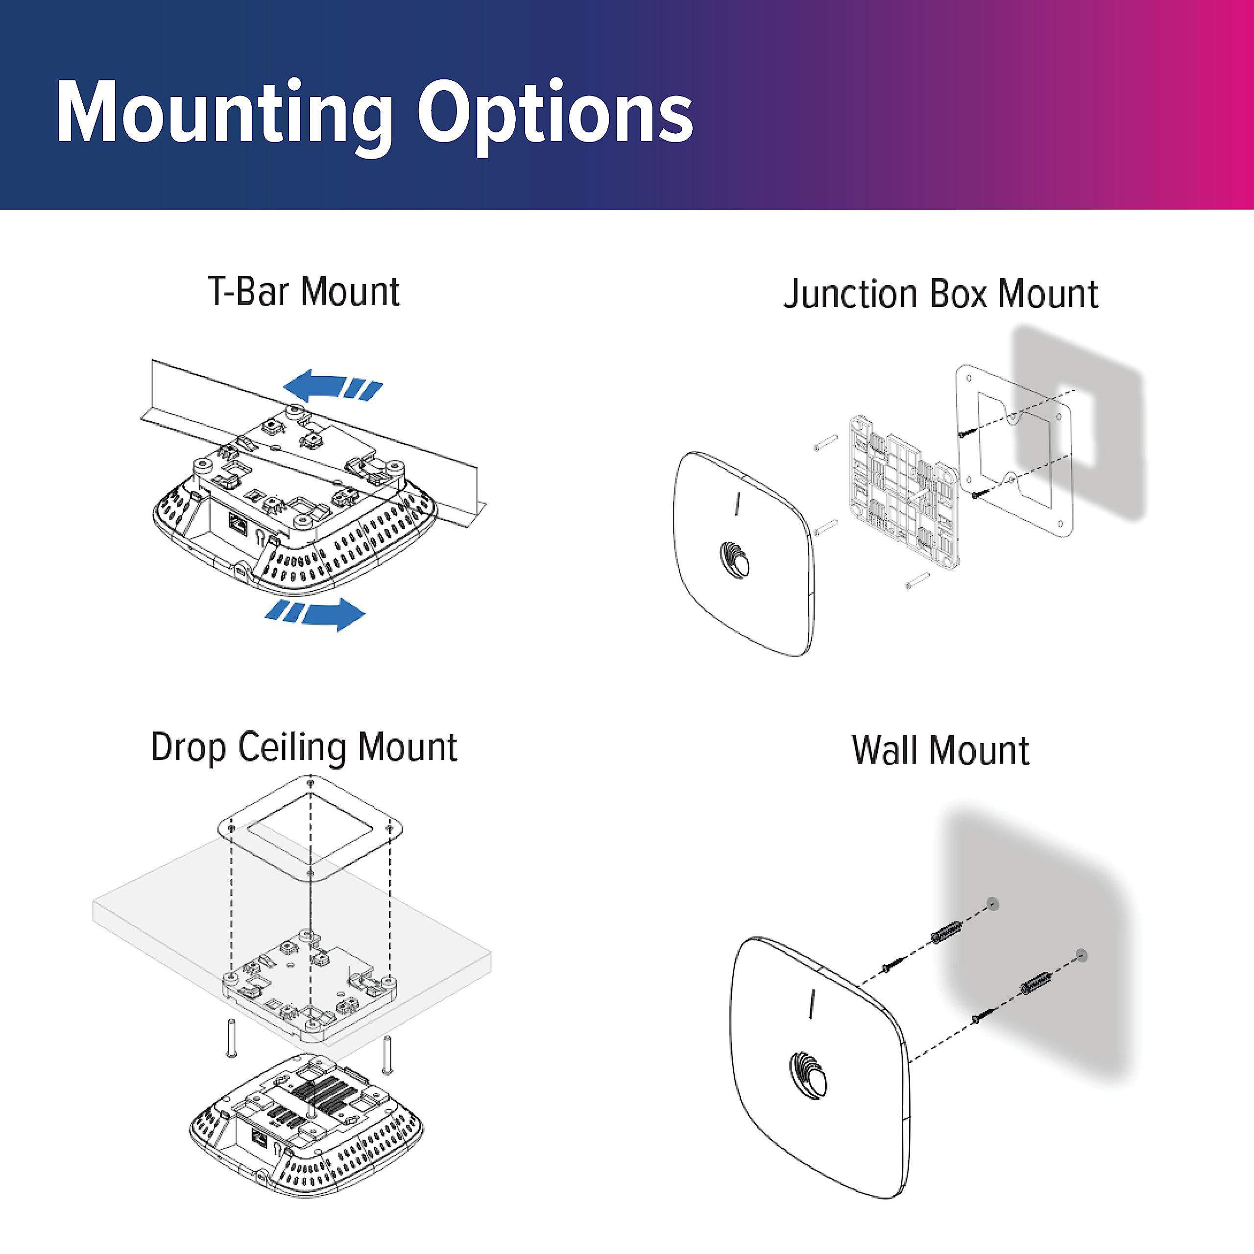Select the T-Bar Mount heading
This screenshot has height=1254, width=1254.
[x=304, y=291]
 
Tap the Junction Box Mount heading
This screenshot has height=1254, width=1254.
[x=940, y=293]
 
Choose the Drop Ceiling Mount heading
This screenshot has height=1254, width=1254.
[x=304, y=747]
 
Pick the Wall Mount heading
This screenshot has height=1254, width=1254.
[x=940, y=750]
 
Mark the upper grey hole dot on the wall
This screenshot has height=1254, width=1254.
[x=992, y=904]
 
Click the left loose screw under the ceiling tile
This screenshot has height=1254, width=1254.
[x=230, y=1038]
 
